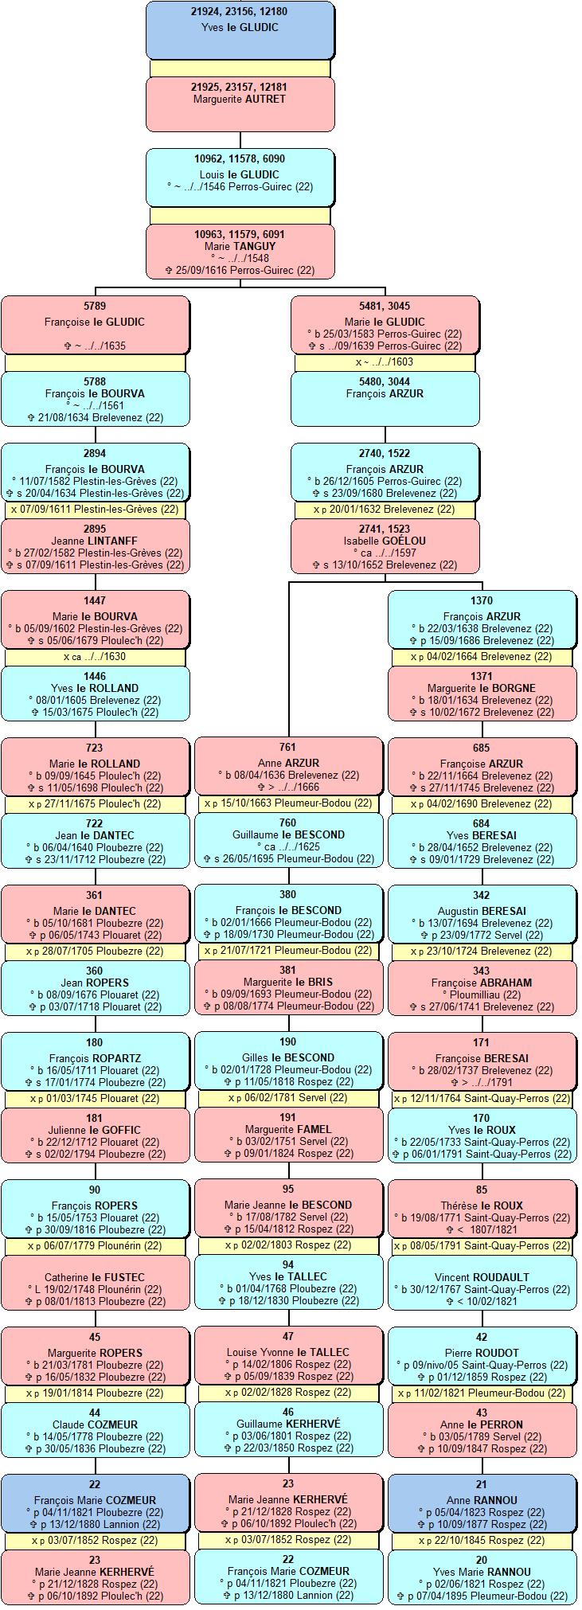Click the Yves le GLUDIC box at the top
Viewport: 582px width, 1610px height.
[x=240, y=30]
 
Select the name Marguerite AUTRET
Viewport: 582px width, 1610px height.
[x=240, y=99]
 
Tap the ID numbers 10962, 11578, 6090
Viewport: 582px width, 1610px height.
[x=240, y=158]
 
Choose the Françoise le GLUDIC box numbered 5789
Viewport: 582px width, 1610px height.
[x=95, y=325]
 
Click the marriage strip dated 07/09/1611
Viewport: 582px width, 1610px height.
[x=95, y=509]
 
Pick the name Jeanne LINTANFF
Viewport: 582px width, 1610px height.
[x=95, y=541]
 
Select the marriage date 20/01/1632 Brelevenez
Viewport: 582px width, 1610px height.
[x=385, y=509]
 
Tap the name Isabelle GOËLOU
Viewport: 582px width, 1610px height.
[x=385, y=541]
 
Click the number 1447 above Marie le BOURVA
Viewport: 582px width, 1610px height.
[x=95, y=600]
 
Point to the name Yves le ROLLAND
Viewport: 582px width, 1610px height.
[x=95, y=688]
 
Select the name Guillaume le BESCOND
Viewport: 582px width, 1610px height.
[x=288, y=834]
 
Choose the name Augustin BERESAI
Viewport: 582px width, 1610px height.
[x=482, y=911]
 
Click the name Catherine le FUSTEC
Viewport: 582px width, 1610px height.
[x=95, y=1277]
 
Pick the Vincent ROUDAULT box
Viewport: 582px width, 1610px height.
[x=482, y=1284]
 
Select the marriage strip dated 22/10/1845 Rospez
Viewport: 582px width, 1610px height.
[x=482, y=1540]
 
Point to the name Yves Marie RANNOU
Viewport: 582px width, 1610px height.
[x=482, y=1572]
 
